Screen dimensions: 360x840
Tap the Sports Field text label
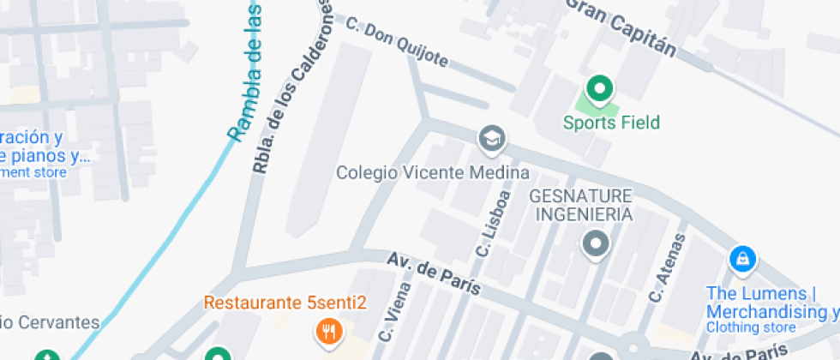click(x=611, y=123)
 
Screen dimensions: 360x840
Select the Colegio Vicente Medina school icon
click(x=491, y=137)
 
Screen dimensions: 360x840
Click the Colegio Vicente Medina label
click(x=432, y=172)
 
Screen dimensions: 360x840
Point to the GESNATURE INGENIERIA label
click(x=581, y=204)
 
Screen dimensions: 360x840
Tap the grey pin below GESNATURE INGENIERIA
click(x=594, y=245)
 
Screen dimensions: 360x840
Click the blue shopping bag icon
click(x=741, y=257)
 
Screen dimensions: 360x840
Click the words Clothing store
click(x=750, y=327)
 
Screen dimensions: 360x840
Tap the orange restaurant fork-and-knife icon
click(x=327, y=330)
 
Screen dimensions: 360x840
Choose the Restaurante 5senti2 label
click(x=285, y=303)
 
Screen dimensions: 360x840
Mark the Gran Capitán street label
click(x=621, y=26)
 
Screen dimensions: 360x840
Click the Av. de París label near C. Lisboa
click(x=433, y=273)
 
